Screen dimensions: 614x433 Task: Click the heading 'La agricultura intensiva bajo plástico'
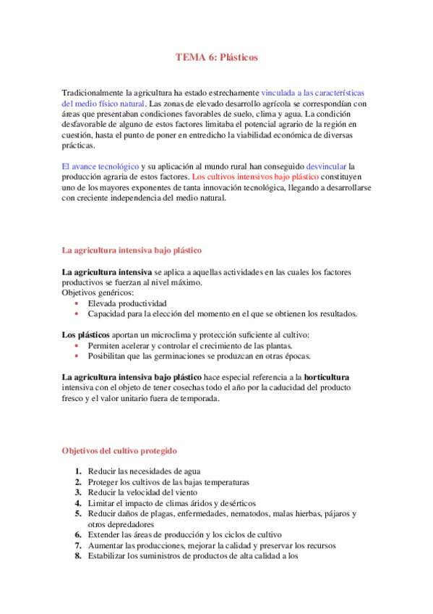click(131, 251)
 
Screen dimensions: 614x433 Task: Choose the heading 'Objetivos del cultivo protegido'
click(119, 450)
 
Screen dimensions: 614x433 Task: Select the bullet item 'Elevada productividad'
click(127, 303)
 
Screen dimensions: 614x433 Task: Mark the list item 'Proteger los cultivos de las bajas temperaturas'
click(168, 482)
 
